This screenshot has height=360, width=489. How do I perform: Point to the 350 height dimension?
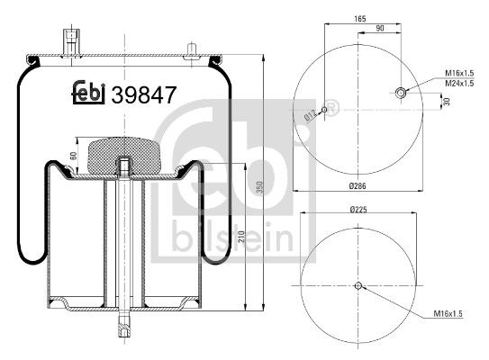coord(258,185)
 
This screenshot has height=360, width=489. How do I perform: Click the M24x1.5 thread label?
coord(458,84)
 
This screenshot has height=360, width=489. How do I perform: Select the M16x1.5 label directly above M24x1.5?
coord(458,74)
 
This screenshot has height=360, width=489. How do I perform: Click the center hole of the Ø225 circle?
coord(358,286)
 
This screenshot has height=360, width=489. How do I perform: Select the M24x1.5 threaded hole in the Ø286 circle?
coord(400,91)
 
